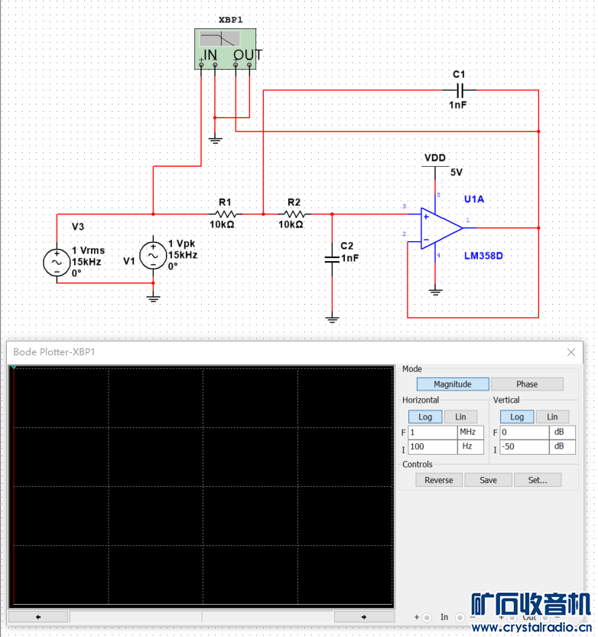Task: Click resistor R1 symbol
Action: (225, 214)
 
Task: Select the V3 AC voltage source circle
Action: (57, 262)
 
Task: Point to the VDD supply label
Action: (435, 158)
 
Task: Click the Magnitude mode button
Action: (452, 384)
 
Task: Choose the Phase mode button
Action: (527, 384)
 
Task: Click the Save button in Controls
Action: (488, 480)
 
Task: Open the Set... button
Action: (537, 480)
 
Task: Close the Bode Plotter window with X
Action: (571, 352)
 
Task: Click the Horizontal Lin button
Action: (460, 416)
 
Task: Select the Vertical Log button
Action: (517, 416)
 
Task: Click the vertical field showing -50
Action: (525, 447)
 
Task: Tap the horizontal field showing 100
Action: (432, 447)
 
